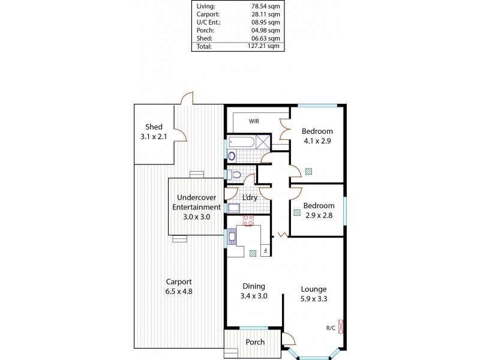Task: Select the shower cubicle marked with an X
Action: coord(263,142)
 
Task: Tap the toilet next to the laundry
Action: coord(236,175)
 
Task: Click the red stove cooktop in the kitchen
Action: coord(248,220)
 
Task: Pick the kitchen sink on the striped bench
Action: coord(232,238)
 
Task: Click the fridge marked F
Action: coord(265,250)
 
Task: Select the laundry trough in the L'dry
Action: coord(233,209)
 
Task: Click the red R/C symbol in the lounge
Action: coord(341,328)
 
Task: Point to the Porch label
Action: coord(256,342)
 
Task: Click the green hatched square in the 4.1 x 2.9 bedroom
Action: coord(308,170)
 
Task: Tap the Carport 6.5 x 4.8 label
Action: coord(179,287)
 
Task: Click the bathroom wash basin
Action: coord(232,156)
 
